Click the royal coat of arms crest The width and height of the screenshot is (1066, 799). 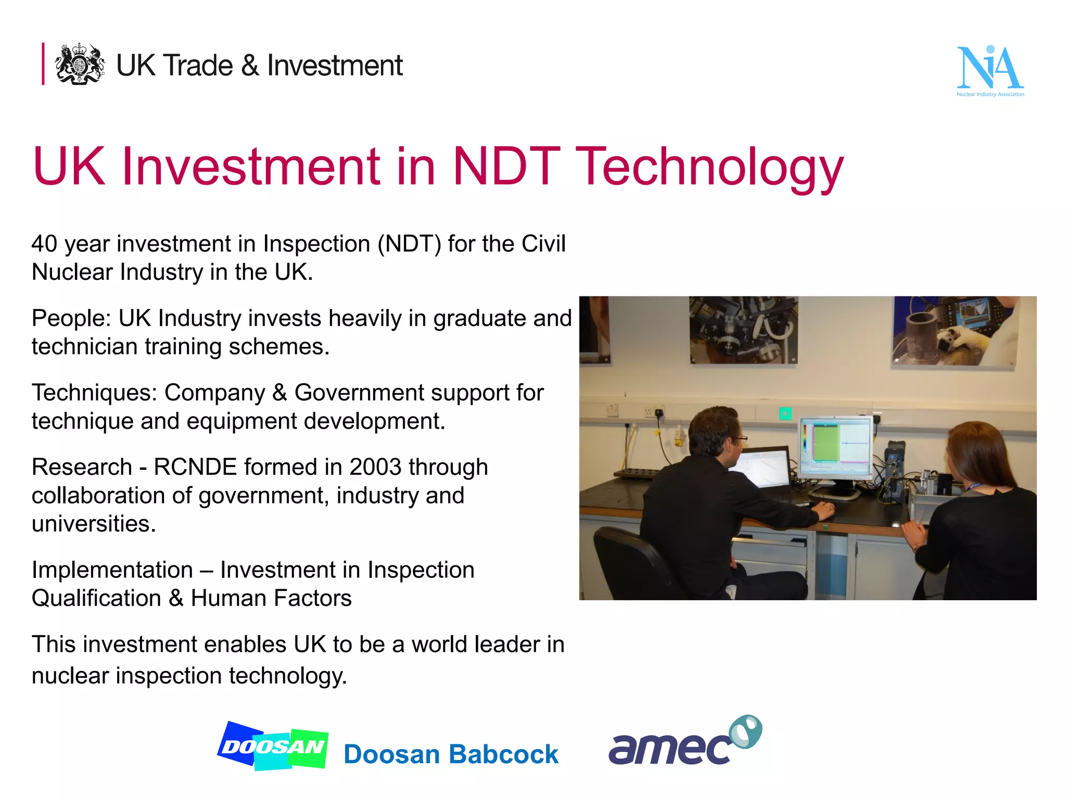[80, 64]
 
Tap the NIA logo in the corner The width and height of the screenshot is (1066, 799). [990, 71]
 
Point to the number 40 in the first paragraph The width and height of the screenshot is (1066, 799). [44, 244]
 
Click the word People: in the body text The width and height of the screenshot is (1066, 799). [71, 318]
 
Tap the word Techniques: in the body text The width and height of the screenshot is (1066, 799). [94, 393]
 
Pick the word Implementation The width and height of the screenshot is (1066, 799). [112, 570]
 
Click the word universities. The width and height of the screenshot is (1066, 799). [94, 524]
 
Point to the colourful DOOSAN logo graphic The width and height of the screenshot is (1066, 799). [273, 746]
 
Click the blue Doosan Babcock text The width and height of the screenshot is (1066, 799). [451, 754]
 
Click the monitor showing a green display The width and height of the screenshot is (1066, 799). [835, 447]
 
